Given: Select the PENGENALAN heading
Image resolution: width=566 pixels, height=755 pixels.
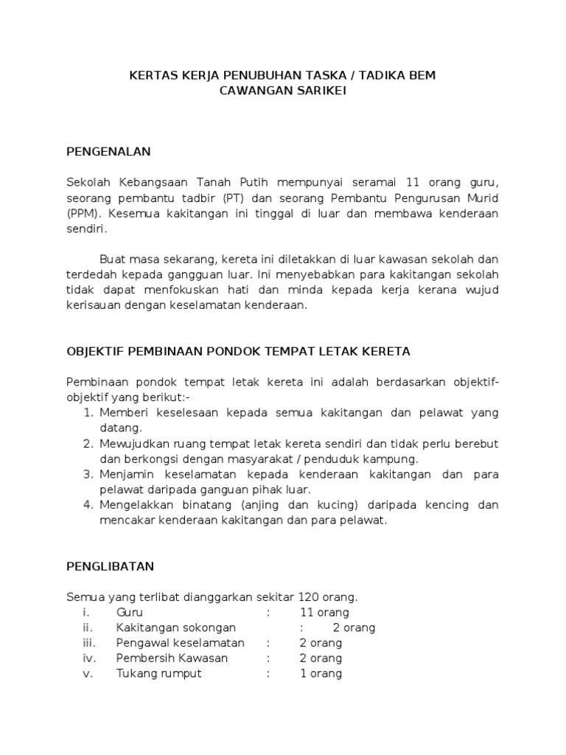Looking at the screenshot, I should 108,152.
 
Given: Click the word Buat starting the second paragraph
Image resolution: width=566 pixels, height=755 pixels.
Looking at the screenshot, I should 113,259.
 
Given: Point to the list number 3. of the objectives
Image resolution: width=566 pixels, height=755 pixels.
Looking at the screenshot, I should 87,474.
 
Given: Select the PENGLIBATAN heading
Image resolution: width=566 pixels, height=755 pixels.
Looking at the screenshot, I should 110,566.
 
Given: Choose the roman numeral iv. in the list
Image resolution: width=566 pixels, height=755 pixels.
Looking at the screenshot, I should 88,658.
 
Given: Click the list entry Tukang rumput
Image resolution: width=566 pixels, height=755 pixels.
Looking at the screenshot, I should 158,673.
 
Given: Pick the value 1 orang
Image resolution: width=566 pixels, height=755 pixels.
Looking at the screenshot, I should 321,673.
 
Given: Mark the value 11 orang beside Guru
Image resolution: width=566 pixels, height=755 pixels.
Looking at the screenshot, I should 324,612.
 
